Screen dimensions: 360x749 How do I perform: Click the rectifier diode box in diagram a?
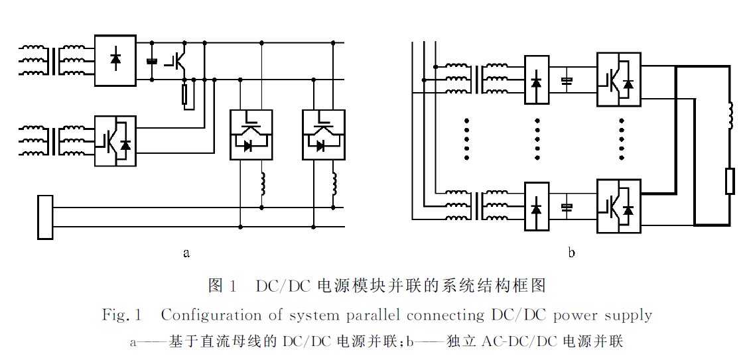tap(115, 60)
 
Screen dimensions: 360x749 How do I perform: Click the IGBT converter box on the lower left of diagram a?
tap(115, 140)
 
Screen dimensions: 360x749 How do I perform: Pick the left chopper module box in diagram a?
tap(250, 134)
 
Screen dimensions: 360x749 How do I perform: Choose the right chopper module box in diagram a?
tap(323, 134)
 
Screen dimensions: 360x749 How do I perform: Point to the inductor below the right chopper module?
tap(334, 184)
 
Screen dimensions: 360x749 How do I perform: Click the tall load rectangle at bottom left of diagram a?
tap(46, 217)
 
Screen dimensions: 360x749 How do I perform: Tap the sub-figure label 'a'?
tap(186, 253)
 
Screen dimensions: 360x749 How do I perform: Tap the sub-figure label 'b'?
tap(571, 253)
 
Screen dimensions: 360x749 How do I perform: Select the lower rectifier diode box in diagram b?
tap(537, 207)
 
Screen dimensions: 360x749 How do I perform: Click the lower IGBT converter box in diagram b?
tap(618, 206)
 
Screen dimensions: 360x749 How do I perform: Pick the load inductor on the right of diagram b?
tap(730, 117)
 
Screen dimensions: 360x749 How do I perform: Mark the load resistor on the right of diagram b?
tap(730, 180)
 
